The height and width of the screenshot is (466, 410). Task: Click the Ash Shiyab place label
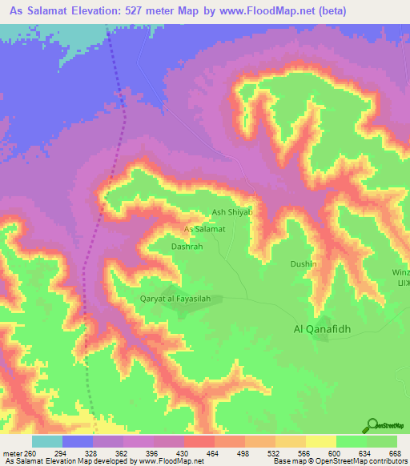(231, 212)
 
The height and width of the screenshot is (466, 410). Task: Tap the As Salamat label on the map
(204, 229)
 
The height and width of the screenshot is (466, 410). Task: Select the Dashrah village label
(186, 247)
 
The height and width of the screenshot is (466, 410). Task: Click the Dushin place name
(303, 263)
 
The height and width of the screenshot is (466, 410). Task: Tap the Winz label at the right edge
(402, 271)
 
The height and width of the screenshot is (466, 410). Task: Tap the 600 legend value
(332, 453)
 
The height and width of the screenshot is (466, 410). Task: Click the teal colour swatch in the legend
(47, 441)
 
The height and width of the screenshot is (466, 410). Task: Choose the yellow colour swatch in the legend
(321, 441)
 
